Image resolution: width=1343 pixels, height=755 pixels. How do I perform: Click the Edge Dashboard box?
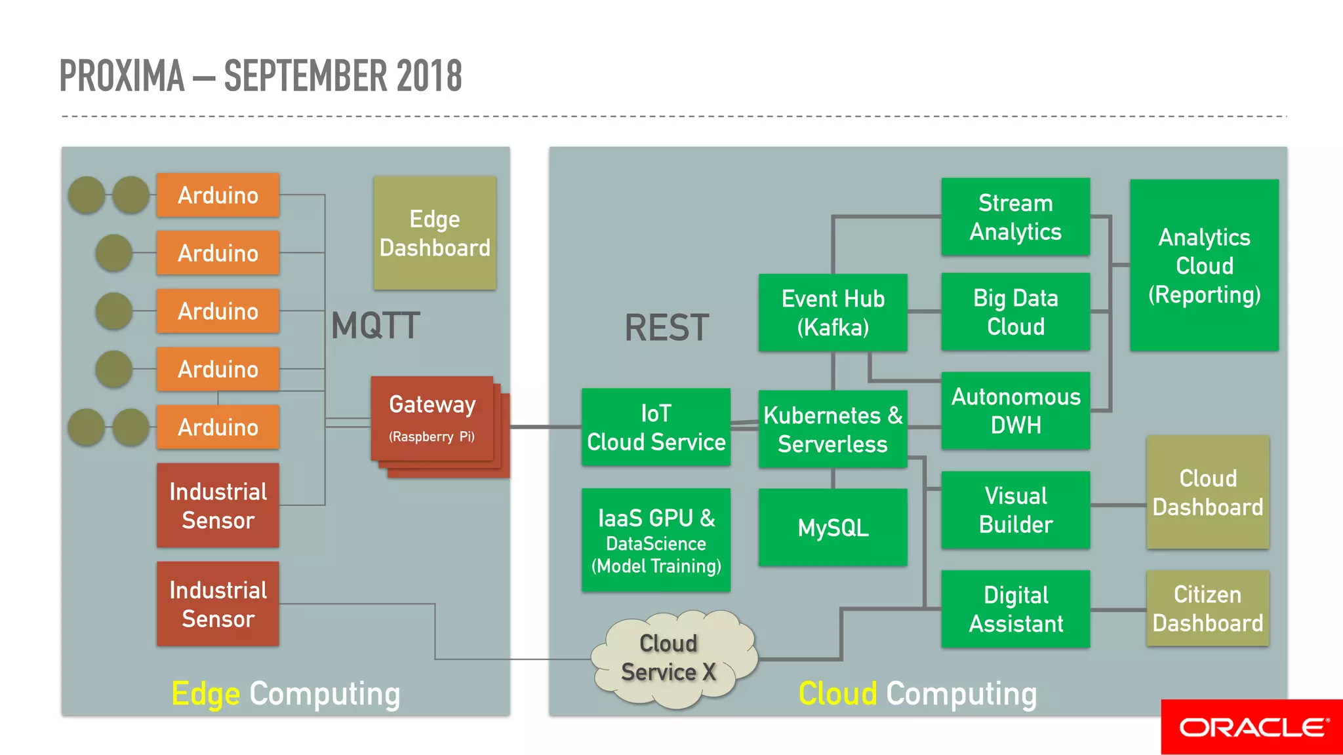(435, 233)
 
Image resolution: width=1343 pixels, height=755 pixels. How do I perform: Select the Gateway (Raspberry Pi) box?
(431, 418)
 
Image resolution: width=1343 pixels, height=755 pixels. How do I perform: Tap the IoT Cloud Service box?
(656, 427)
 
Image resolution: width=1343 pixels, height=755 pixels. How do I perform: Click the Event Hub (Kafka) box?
(833, 313)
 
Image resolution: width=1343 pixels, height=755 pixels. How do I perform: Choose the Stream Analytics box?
(1015, 217)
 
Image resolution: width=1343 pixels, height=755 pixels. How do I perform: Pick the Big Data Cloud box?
(1015, 312)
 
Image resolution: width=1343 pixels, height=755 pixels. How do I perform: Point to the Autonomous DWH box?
(1015, 411)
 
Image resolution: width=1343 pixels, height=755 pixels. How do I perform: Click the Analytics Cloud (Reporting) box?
(1204, 265)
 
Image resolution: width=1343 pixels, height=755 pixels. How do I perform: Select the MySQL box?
(833, 528)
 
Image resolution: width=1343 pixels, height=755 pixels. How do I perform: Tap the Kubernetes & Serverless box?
(833, 429)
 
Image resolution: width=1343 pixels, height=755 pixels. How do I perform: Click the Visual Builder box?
(1015, 510)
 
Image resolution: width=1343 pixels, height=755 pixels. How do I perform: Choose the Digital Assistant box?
(1015, 609)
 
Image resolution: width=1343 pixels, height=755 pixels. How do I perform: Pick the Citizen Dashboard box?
(1207, 608)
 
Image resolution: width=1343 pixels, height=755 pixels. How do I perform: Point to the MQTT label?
(375, 326)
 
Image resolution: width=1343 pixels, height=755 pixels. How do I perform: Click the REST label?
(666, 328)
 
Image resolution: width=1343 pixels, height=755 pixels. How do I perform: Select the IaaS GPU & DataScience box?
(656, 540)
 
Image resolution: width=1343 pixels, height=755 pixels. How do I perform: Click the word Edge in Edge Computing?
(205, 694)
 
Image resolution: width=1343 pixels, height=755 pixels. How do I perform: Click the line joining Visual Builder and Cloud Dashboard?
(1118, 505)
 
